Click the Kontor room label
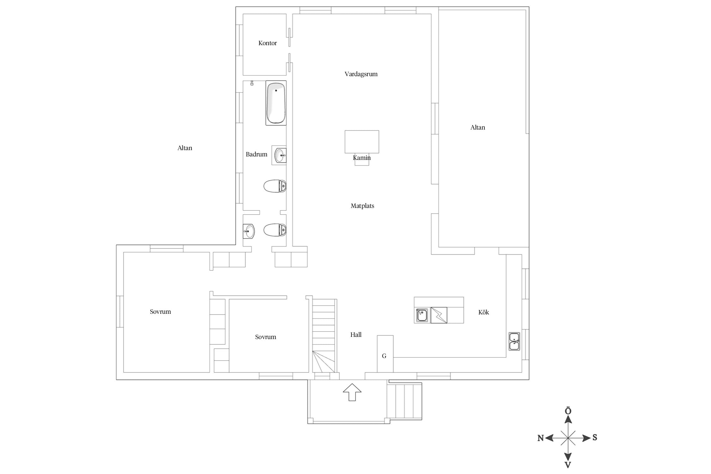click(267, 43)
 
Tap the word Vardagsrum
click(361, 74)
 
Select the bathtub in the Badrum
click(276, 103)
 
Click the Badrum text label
click(256, 154)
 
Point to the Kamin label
click(362, 158)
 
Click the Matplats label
click(362, 206)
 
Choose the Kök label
click(483, 312)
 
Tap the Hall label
click(356, 335)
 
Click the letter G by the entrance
click(384, 356)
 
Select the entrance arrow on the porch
click(352, 392)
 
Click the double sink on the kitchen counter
click(514, 341)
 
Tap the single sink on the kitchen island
click(422, 315)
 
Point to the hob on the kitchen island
click(439, 315)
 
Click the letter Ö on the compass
click(568, 411)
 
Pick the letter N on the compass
click(540, 438)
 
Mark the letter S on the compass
click(594, 437)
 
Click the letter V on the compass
click(568, 465)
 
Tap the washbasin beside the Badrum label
click(279, 155)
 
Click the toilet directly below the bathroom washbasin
click(275, 186)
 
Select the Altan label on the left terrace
click(185, 148)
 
